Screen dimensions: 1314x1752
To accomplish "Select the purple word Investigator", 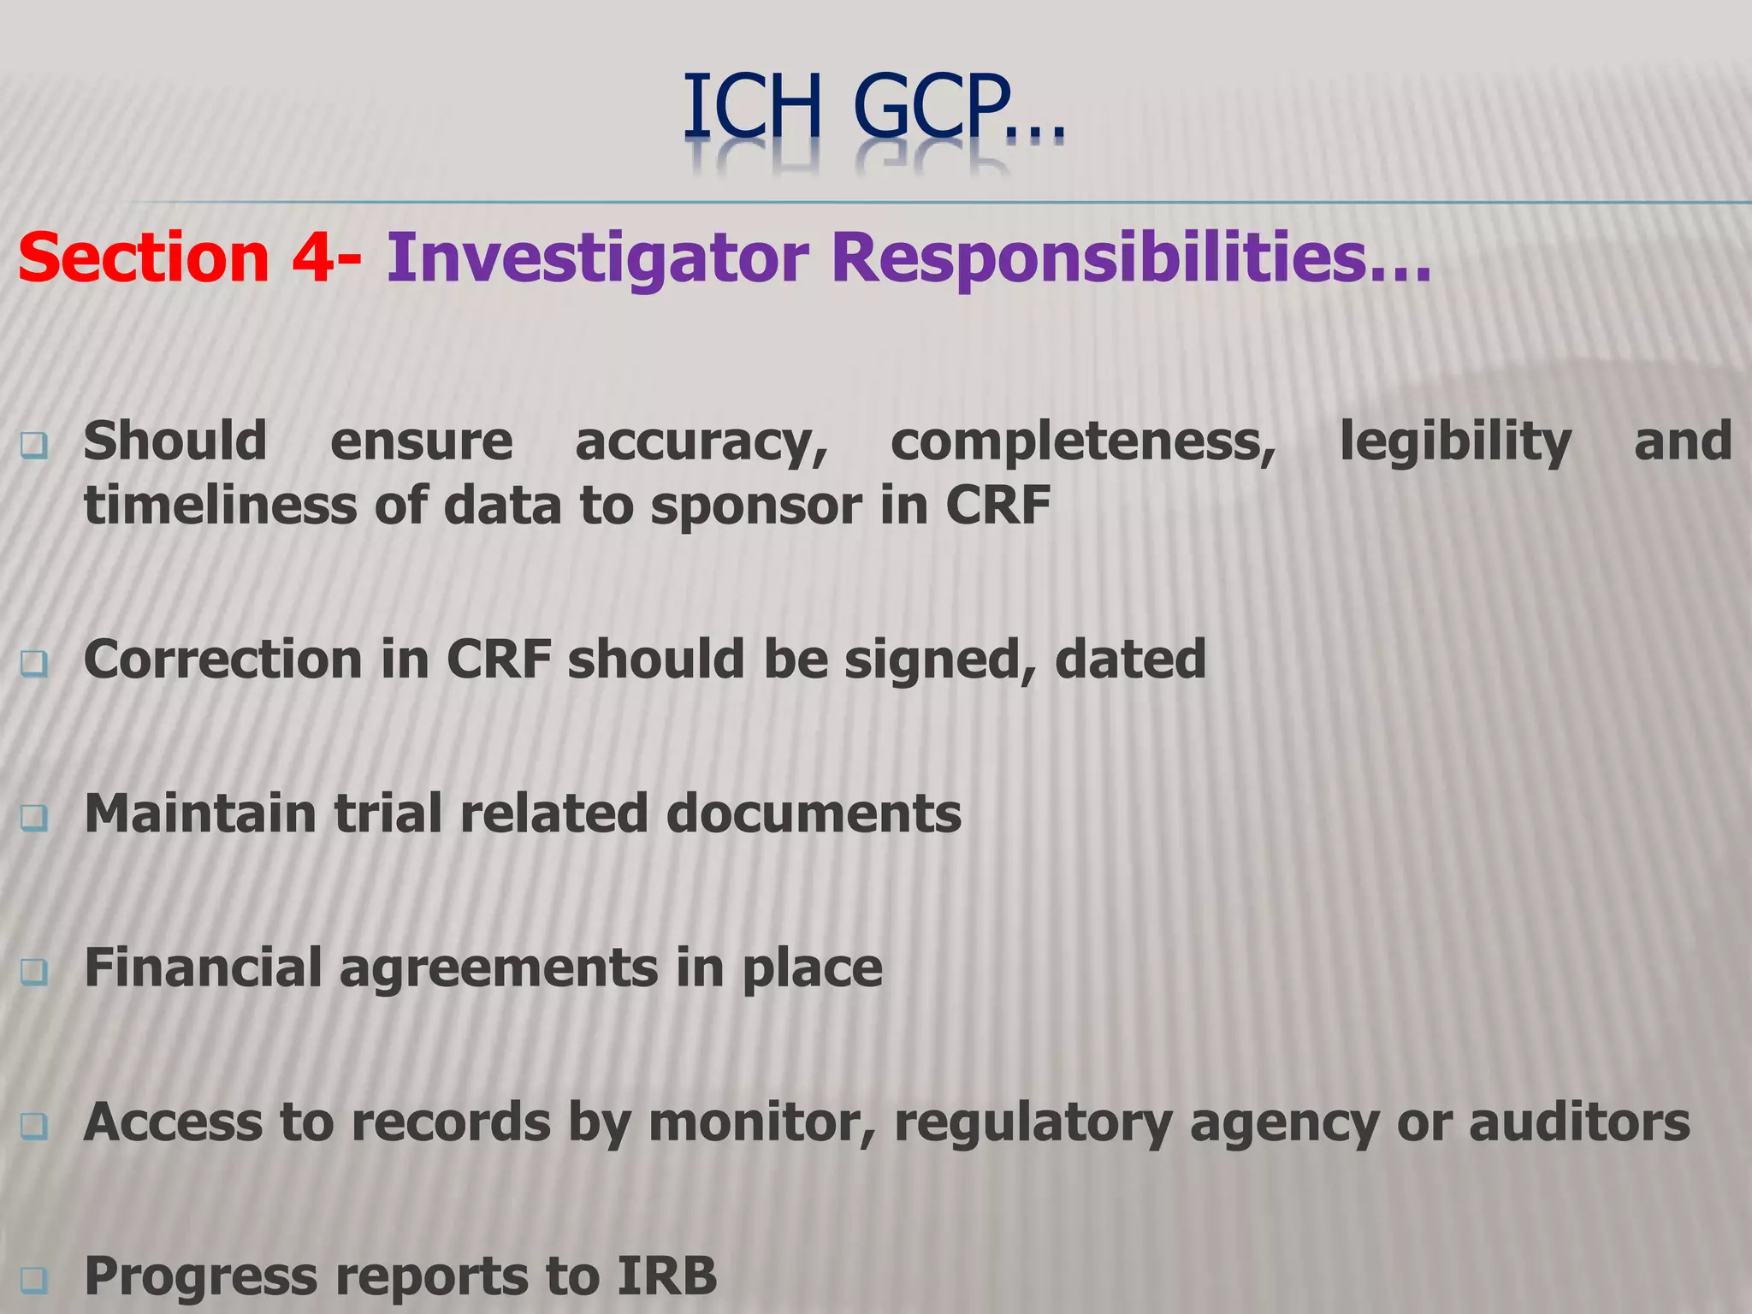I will (x=597, y=257).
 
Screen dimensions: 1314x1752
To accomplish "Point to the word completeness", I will (x=1083, y=442).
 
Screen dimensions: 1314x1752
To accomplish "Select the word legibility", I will (x=1455, y=442).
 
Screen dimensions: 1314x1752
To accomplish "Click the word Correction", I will (x=222, y=660).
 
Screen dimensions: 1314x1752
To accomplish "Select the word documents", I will (x=814, y=813).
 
